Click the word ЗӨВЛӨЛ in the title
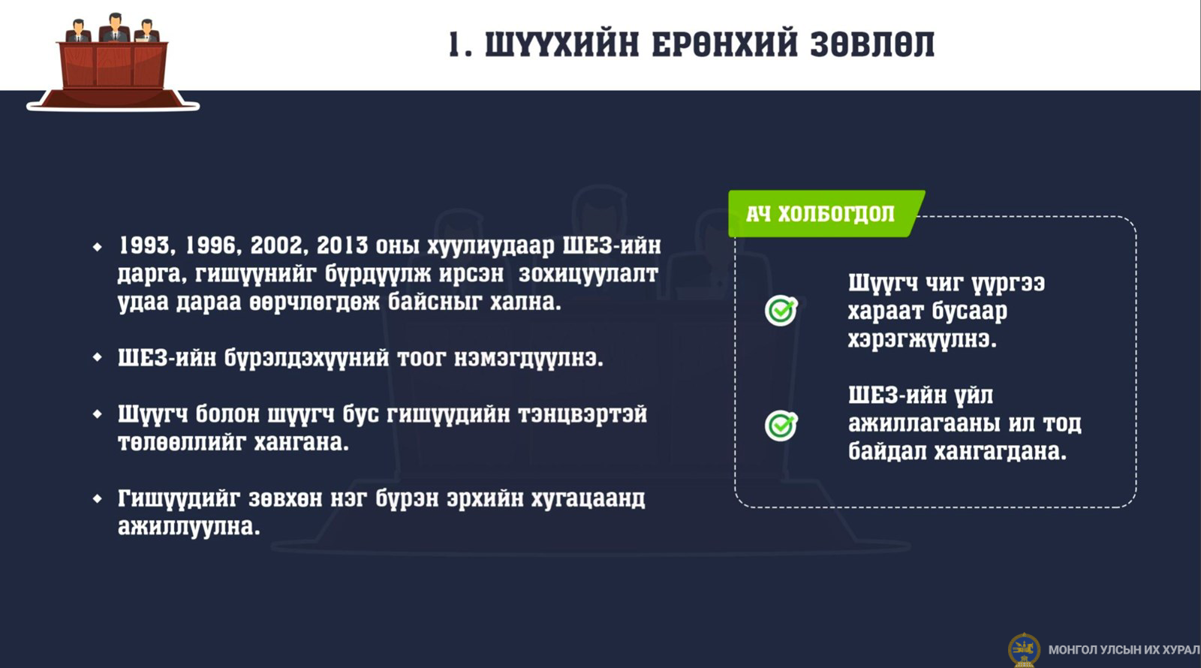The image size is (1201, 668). pos(872,44)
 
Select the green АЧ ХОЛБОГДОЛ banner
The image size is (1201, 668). pos(826,213)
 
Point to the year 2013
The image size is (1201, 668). pos(342,245)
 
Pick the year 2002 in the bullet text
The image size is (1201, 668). pos(277,245)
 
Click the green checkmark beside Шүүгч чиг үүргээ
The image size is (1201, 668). pos(781,310)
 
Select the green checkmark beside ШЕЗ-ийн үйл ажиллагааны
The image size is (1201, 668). pos(781,425)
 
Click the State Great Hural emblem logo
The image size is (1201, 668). pos(1024,650)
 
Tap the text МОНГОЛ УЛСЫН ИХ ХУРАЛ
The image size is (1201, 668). pos(1124,650)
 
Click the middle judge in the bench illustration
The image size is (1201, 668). pos(115,28)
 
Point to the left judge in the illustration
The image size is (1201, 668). pos(78,31)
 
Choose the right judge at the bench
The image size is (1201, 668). pos(146,31)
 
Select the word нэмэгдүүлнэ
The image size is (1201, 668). pos(528,358)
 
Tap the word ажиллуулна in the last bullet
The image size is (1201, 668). pos(188,526)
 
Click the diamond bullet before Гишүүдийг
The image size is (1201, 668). pos(97,498)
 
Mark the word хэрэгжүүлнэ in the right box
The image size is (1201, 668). pos(923,339)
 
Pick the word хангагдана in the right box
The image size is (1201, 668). pos(1001,451)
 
